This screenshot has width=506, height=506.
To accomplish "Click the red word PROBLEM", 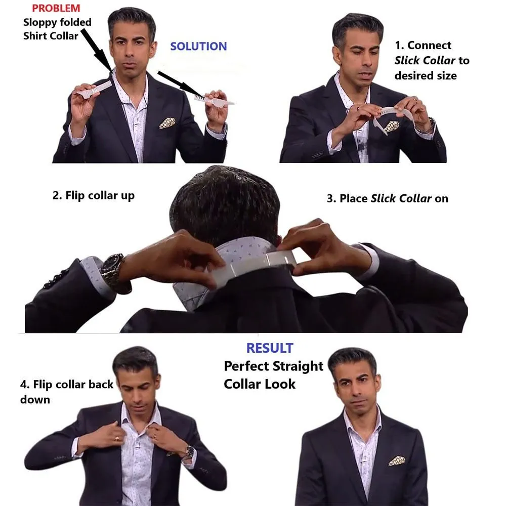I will click(x=56, y=8).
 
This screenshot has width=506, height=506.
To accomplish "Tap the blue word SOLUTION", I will click(x=198, y=47).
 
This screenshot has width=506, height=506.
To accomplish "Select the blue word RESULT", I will click(x=269, y=348).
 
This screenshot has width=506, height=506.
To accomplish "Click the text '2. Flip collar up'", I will click(x=94, y=196).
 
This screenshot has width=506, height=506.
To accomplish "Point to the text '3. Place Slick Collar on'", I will click(x=387, y=198).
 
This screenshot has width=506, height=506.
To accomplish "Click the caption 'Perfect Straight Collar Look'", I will click(x=273, y=374).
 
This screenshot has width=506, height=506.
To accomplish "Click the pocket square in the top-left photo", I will click(x=167, y=123).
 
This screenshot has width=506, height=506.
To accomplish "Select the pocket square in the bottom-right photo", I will click(x=396, y=460).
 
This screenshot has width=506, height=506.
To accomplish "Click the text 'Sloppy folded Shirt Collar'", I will click(x=57, y=29).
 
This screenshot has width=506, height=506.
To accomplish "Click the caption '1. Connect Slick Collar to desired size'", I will click(x=432, y=60).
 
